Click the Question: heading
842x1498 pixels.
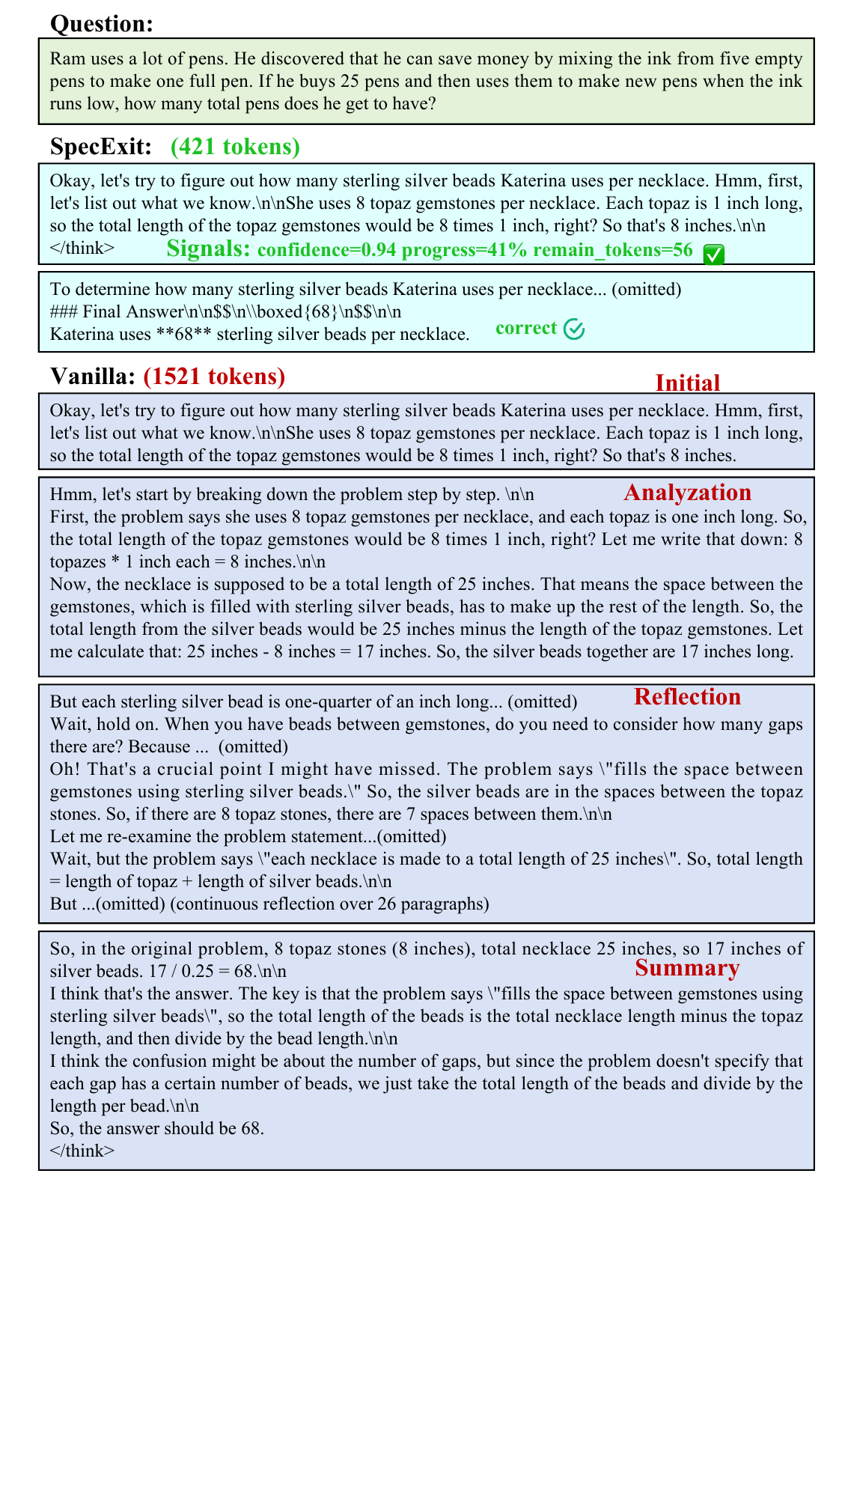(101, 24)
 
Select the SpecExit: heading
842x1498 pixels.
(100, 147)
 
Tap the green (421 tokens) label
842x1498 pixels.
(235, 147)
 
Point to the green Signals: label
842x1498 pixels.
(208, 249)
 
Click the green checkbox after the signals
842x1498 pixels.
(714, 255)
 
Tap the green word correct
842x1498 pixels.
(526, 328)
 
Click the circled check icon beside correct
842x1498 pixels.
(574, 329)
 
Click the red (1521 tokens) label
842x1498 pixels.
(214, 377)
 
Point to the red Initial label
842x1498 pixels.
(687, 383)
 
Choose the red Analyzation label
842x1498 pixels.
(687, 493)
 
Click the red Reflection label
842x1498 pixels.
(687, 697)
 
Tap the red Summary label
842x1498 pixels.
(687, 968)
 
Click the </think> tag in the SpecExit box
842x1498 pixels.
(82, 248)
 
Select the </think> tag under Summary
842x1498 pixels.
(82, 1151)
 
